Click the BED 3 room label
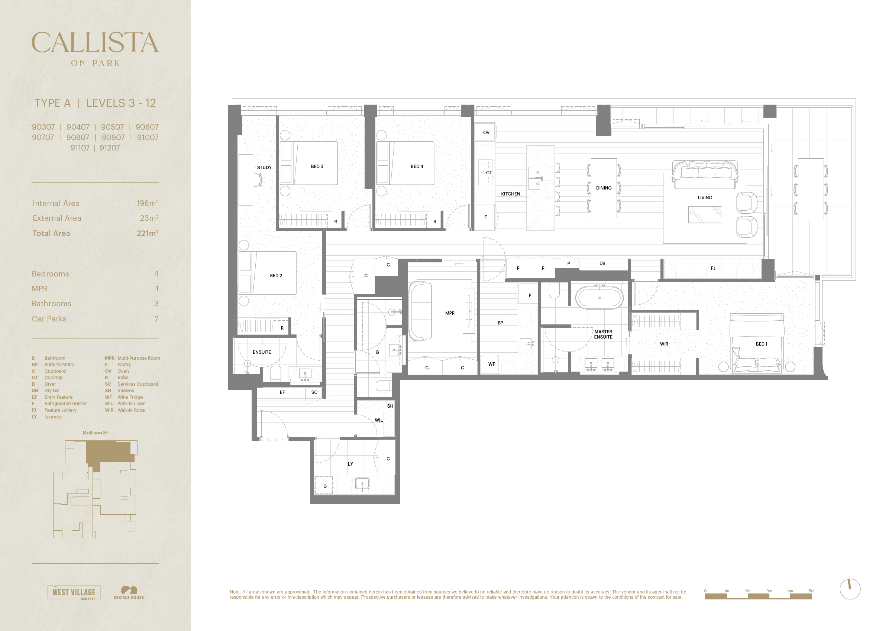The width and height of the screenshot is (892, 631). coord(317,166)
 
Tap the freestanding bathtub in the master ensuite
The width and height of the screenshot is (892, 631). coord(599,298)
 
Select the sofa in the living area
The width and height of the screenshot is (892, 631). coord(705,175)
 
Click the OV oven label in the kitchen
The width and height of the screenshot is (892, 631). coord(486,133)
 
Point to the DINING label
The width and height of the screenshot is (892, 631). coord(604,188)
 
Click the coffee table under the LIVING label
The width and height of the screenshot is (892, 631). coord(705,214)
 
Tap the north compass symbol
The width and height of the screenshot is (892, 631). coord(850,589)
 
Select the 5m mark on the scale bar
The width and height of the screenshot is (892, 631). coord(811,591)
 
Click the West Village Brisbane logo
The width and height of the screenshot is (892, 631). coord(74,592)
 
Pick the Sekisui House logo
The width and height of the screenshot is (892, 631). coord(129,592)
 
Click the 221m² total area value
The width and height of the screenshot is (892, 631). coord(147,233)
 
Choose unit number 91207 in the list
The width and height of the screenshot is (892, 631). coord(110,148)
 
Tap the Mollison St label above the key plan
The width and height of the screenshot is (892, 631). coord(95,433)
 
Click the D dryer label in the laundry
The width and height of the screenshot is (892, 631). coord(325,486)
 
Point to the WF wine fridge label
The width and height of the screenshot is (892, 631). coord(491,364)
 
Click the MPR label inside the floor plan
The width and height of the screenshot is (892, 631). coord(450,313)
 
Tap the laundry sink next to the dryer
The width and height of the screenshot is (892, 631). coord(362,485)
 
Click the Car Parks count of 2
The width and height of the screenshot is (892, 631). coord(156,318)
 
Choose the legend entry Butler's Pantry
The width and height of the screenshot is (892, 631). coord(59,365)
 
